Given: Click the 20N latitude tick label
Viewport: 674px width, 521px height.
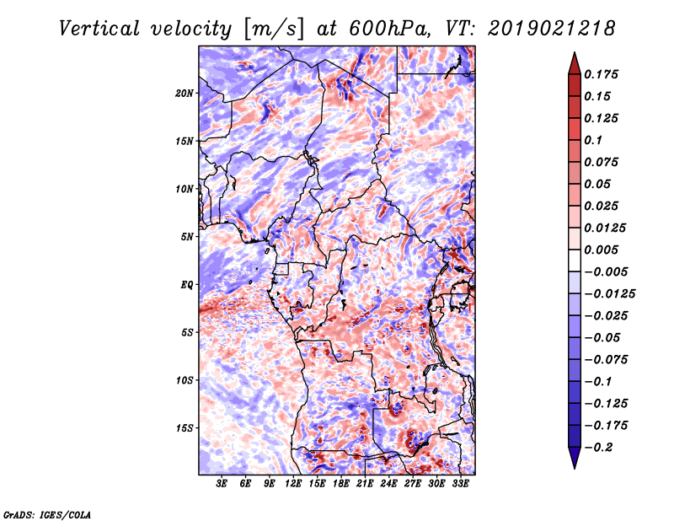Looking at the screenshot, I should (185, 93).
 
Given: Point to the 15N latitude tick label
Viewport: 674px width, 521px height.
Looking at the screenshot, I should (185, 141).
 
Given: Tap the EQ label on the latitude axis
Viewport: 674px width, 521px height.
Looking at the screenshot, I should (187, 285).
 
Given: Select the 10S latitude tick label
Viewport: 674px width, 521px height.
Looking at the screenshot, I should (185, 380).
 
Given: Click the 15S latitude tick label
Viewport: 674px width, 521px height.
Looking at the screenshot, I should (185, 428).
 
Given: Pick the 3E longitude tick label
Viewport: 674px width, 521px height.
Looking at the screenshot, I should (222, 484).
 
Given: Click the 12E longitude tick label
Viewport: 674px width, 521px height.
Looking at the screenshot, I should (294, 484).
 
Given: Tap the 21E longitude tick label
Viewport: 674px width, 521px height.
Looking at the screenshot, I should (365, 484).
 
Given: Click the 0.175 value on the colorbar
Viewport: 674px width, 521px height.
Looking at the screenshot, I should (603, 74).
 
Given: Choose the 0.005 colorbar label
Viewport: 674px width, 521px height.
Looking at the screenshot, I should (603, 250).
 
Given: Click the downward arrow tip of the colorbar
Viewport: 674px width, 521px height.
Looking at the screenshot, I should (574, 466).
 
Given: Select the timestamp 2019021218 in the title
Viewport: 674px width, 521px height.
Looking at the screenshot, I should (548, 28).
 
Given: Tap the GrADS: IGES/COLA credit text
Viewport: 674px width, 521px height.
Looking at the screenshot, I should (46, 513).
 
